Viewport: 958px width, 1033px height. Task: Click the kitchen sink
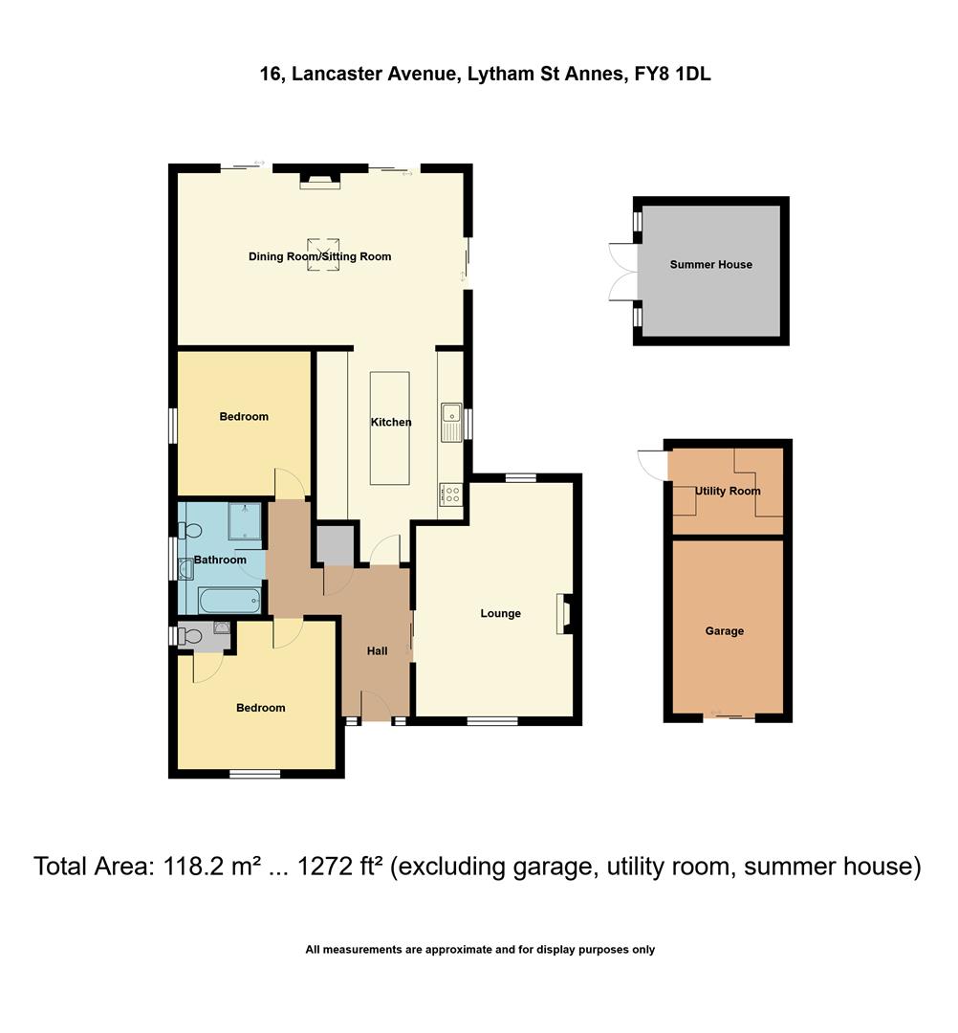tap(450, 423)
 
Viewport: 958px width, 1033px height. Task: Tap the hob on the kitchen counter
tap(450, 495)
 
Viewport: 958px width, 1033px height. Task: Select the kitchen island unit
tap(390, 428)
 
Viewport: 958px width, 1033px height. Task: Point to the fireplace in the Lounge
tap(562, 613)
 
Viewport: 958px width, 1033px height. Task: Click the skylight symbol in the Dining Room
tap(322, 254)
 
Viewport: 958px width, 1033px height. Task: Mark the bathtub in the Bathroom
tap(229, 601)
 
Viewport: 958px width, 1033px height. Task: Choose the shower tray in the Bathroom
tap(247, 522)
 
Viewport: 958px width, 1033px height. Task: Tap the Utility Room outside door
tap(652, 465)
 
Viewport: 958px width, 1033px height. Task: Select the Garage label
tap(724, 631)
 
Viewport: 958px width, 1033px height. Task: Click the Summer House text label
tap(710, 265)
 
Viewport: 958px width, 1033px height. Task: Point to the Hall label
tap(378, 651)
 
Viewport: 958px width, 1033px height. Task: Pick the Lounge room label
tap(500, 613)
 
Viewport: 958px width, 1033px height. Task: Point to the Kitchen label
tap(391, 422)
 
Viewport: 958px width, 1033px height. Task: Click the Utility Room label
tap(728, 491)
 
